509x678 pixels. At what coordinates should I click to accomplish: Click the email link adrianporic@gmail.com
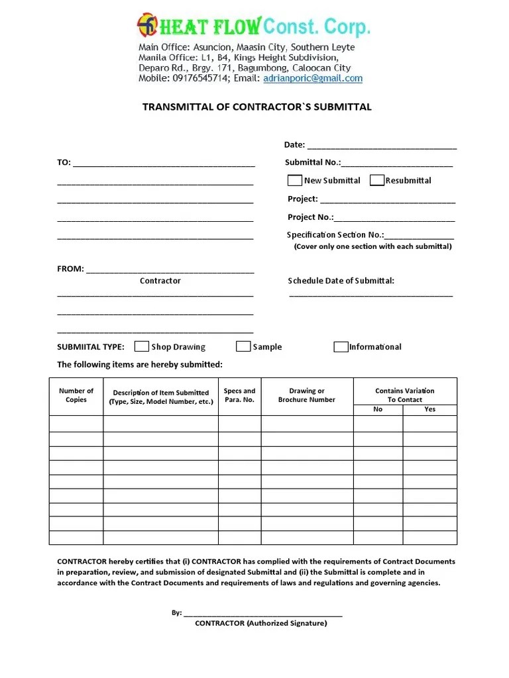pos(313,78)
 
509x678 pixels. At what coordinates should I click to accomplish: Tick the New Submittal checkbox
pos(295,180)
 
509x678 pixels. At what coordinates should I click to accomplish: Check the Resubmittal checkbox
pos(376,180)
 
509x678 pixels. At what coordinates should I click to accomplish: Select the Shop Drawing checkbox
pos(141,346)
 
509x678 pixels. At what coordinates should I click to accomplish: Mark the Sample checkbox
pos(243,346)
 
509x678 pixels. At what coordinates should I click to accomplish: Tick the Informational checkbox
pos(341,346)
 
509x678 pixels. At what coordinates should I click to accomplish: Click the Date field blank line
pos(382,146)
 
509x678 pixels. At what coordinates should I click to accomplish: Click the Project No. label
pos(310,217)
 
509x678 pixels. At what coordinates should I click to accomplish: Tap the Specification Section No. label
pos(335,234)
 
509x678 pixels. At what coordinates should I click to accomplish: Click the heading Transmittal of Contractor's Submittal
pos(257,107)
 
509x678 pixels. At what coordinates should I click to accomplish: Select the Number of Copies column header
pos(76,395)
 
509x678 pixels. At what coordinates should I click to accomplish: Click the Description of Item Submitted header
pos(161,397)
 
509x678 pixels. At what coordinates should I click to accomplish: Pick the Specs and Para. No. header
pos(239,395)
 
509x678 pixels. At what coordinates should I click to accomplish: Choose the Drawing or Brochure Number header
pos(307,395)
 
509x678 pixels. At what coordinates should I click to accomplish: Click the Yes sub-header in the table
pos(429,409)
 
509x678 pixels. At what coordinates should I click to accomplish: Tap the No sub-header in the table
pos(378,409)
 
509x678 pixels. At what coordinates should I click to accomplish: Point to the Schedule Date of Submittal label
pos(341,281)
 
